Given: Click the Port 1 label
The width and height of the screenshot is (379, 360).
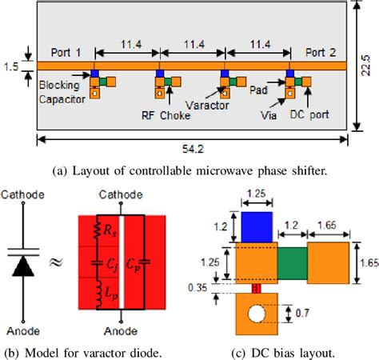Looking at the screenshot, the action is point(66,53).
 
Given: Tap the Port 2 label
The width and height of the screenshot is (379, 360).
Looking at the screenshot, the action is point(321,53).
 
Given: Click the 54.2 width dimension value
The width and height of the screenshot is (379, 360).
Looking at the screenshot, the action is point(193,149).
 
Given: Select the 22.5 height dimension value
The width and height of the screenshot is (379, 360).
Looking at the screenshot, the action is point(365,66).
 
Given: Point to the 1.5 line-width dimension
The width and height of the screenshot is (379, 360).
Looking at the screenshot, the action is point(11,66).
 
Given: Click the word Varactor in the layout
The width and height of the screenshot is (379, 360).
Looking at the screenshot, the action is point(207,106).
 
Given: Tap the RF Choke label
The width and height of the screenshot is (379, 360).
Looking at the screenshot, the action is point(166,116).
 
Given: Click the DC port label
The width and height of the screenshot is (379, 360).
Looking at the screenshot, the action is point(309,114).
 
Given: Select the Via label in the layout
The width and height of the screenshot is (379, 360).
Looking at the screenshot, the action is point(269,115).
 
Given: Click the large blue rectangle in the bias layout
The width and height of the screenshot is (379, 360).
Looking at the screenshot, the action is point(257,227).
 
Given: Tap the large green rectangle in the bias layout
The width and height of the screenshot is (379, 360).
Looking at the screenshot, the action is point(293,263).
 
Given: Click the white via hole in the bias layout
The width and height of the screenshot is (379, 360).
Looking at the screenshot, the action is point(257,314).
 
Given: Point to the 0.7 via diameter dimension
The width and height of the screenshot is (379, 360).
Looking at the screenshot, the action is point(302,313).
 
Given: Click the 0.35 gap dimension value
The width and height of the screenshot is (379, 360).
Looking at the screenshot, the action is point(197,288).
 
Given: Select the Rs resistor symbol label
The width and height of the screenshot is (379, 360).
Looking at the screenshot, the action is point(110,232).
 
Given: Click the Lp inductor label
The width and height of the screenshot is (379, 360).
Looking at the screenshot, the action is point(111,294).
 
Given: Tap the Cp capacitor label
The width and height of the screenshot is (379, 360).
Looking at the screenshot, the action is point(133,265).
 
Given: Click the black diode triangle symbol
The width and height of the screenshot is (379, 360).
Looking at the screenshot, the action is point(23,266).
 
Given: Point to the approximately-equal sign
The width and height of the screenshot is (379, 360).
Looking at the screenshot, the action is point(56,262).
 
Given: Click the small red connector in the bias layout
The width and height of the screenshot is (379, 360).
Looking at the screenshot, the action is point(257,289).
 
